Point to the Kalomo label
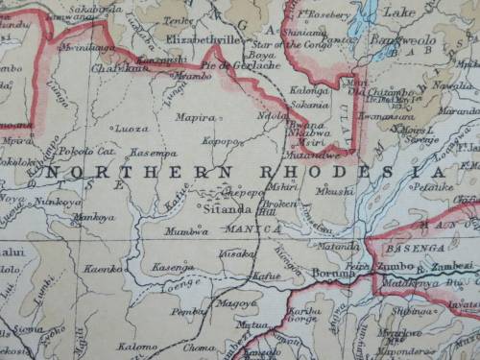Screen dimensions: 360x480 137,347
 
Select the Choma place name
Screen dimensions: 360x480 199,348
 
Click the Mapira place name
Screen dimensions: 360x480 195,117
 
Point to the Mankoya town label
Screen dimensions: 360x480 93,218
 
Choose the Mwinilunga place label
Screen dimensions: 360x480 88,45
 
